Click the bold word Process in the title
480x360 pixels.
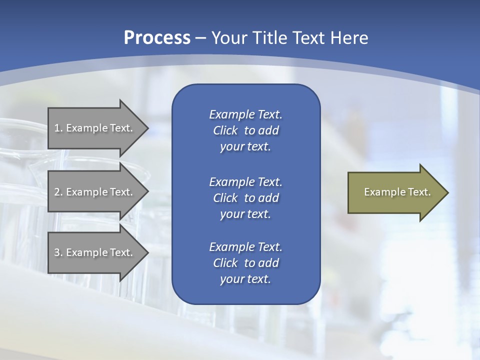click(x=157, y=38)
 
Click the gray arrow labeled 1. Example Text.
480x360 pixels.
click(x=95, y=128)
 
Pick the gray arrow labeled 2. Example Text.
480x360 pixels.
click(x=95, y=192)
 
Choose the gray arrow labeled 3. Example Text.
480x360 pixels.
click(x=95, y=252)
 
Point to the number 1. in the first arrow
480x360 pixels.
click(x=58, y=128)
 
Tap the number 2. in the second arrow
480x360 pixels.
click(x=58, y=192)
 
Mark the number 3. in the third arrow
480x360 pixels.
click(x=58, y=252)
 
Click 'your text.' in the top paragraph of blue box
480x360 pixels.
click(x=245, y=147)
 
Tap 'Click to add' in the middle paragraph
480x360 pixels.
click(x=245, y=198)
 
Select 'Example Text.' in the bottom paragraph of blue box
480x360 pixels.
click(x=245, y=247)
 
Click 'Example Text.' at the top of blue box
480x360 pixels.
click(x=245, y=114)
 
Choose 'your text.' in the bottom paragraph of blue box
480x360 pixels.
click(x=245, y=279)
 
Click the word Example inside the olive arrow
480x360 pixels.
click(x=380, y=192)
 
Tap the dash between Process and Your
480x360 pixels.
click(x=200, y=38)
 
